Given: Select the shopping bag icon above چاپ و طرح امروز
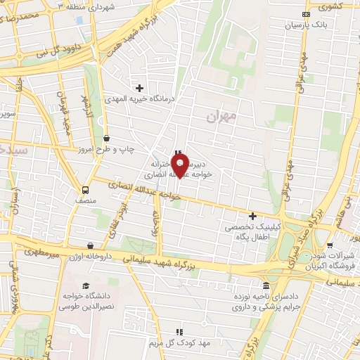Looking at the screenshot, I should coord(106,139).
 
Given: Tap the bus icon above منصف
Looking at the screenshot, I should coord(86,189).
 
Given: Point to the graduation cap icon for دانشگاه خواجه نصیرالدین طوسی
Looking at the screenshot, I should coord(85,285).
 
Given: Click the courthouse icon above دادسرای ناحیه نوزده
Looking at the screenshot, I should coord(265,285).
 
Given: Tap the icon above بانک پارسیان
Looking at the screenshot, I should coord(305,14).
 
